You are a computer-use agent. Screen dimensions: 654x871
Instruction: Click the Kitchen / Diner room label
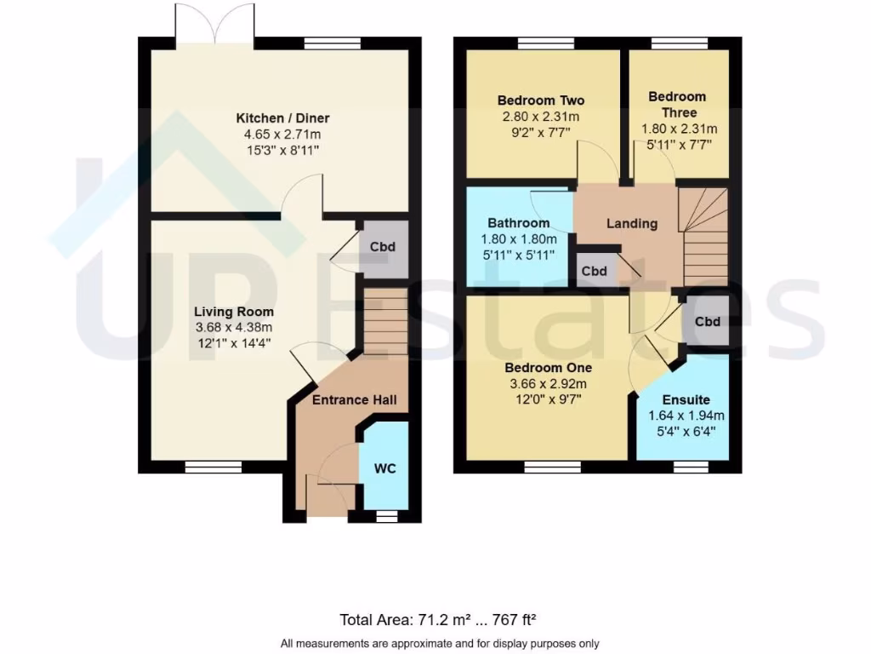pos(282,118)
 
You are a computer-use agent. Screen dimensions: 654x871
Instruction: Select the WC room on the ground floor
pos(385,468)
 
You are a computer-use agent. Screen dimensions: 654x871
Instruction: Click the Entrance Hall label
pos(354,400)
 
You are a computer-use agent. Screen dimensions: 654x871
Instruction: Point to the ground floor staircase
pos(385,321)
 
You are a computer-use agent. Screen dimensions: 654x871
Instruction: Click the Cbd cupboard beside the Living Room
pos(382,247)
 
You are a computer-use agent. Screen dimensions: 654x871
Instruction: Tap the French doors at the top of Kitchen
pos(214,24)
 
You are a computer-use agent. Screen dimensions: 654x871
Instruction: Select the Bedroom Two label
pos(541,100)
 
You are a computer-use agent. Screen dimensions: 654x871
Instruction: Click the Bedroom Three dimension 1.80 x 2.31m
pos(679,129)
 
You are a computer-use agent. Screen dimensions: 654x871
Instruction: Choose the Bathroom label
pos(518,223)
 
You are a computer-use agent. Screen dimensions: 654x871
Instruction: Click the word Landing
pos(631,223)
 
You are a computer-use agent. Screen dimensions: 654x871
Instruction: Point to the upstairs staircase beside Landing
pos(705,238)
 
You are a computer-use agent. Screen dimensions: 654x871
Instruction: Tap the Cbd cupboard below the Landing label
pos(594,271)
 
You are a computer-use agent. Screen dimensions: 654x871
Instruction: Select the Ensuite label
pos(686,399)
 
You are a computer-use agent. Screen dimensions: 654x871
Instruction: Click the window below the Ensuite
pos(691,467)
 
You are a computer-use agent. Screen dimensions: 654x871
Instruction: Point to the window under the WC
pos(386,516)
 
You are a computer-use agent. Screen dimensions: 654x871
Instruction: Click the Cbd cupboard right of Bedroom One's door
pos(708,322)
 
